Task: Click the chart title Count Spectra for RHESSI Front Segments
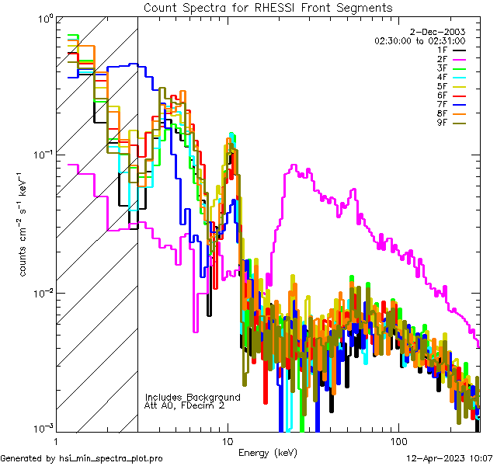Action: [268, 8]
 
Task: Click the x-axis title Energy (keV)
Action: [268, 453]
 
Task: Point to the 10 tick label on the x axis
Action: [227, 440]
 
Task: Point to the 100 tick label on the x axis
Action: [398, 440]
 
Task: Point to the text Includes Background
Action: [193, 397]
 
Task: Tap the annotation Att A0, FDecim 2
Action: [185, 405]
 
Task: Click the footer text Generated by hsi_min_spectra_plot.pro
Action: [82, 458]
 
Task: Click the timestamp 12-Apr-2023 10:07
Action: [449, 458]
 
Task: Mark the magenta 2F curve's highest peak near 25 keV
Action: [293, 166]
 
